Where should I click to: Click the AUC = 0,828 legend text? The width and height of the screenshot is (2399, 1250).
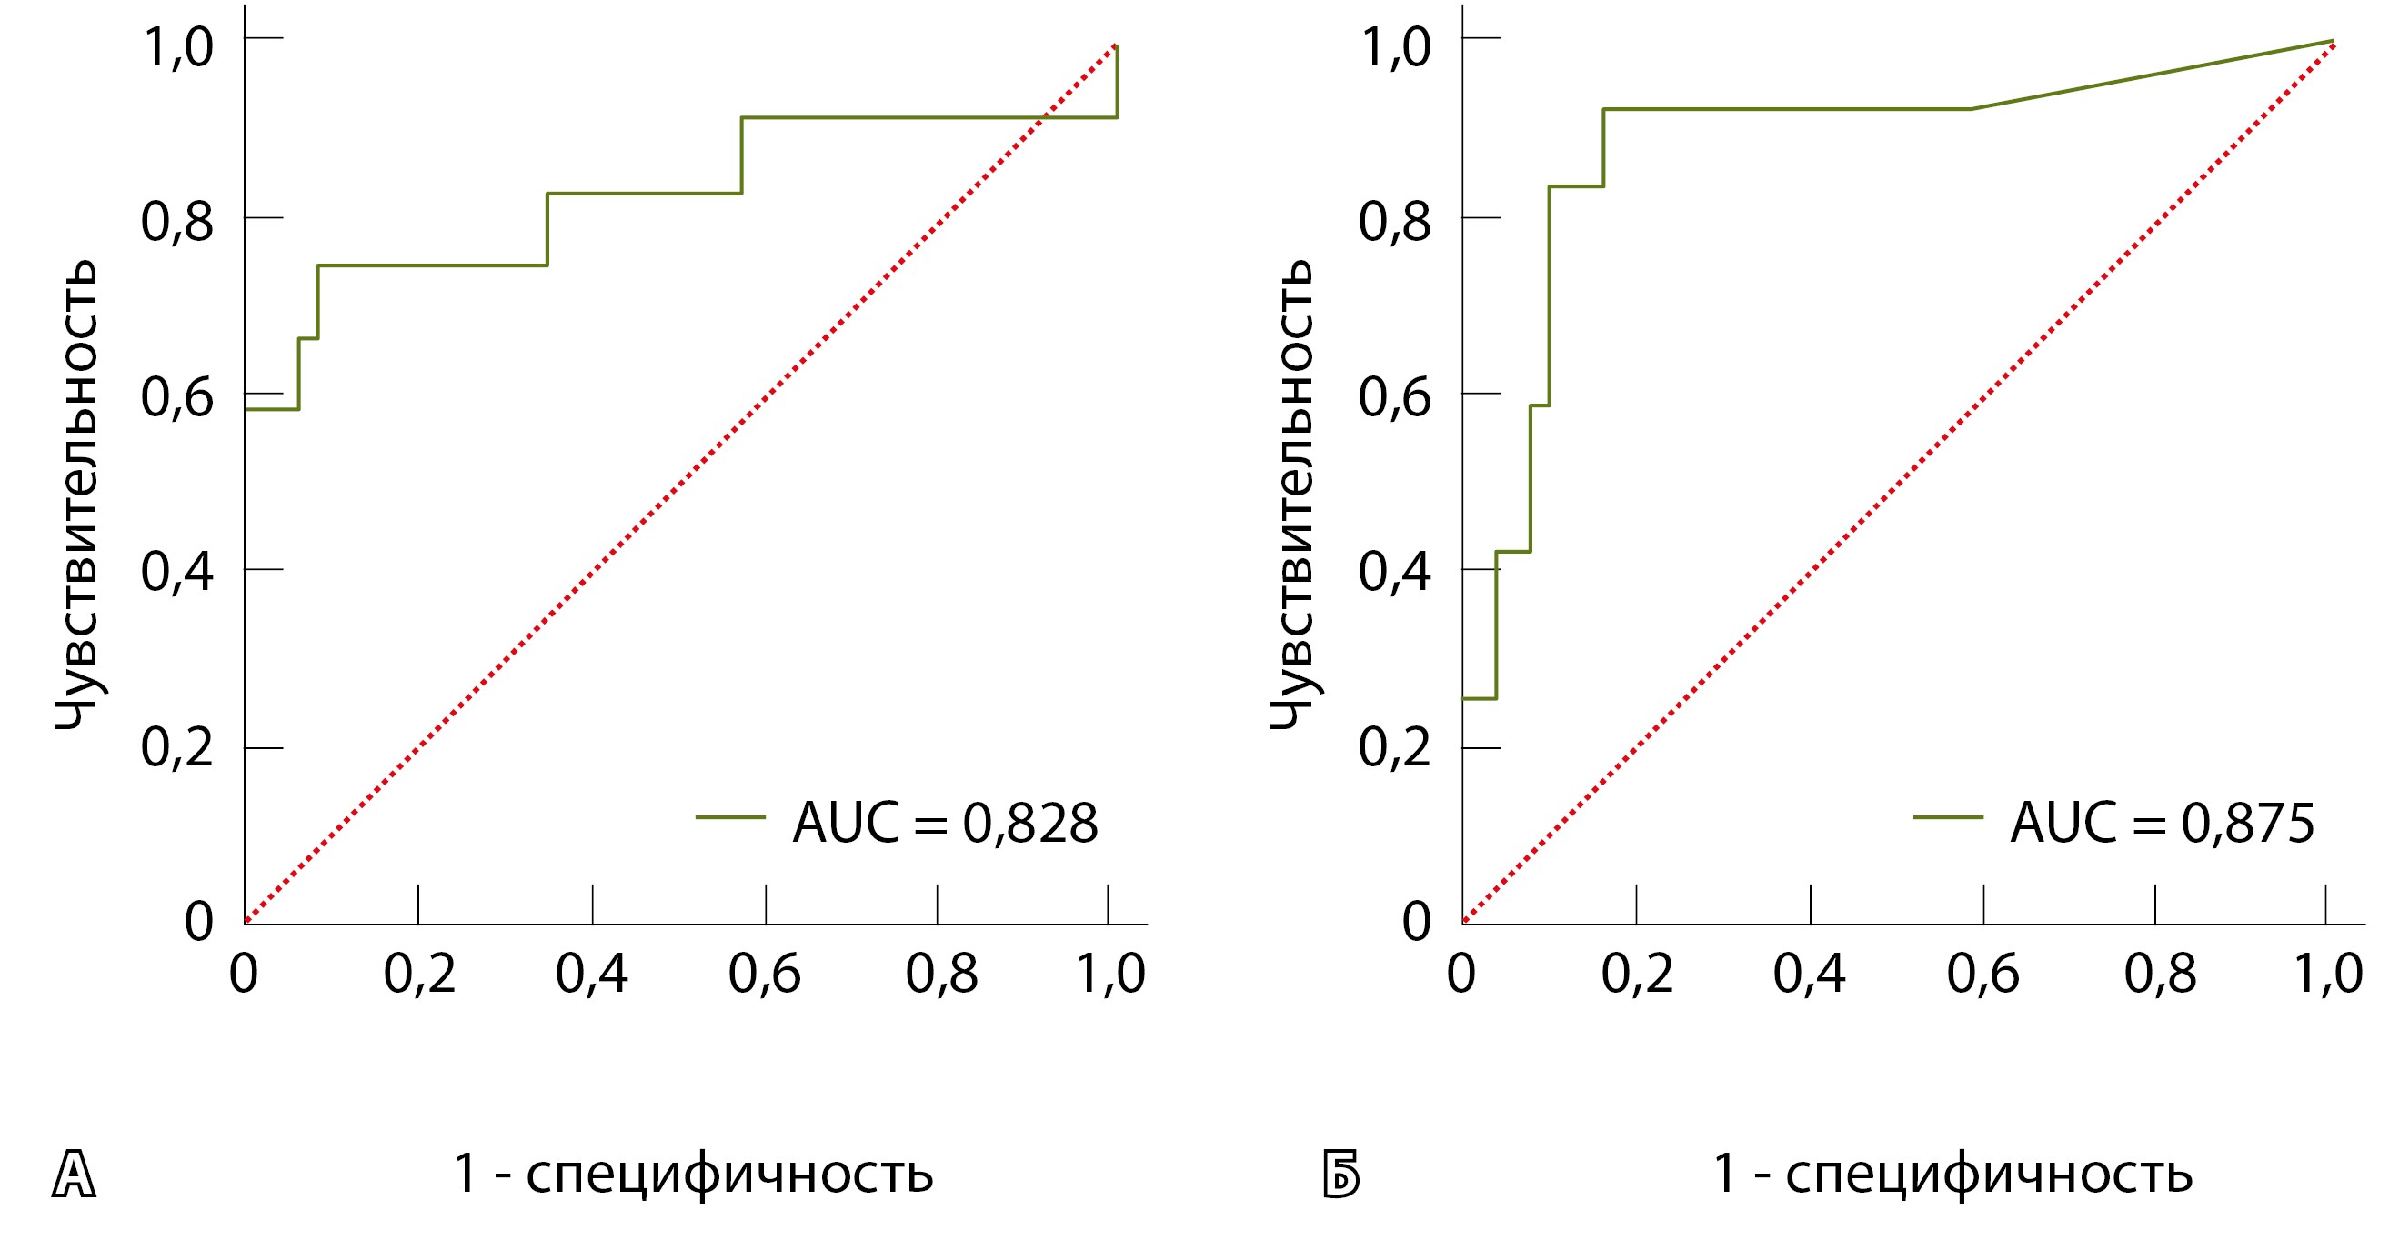945,823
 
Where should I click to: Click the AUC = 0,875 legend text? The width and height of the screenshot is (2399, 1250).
2163,823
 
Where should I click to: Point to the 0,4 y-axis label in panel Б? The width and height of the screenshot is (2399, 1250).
1394,572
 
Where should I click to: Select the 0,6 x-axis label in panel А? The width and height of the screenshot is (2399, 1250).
764,975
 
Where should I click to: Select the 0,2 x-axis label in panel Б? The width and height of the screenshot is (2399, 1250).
1636,975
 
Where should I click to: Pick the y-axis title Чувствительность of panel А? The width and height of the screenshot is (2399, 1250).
76,494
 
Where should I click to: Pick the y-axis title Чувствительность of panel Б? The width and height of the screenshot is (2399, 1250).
1293,494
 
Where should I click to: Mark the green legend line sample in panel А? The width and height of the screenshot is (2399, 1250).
730,817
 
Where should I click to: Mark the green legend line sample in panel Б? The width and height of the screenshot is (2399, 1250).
1948,817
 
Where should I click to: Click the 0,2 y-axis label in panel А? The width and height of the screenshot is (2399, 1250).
177,746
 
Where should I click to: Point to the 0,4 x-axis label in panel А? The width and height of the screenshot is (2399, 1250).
591,975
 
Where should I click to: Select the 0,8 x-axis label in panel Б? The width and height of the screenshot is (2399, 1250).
2160,975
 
